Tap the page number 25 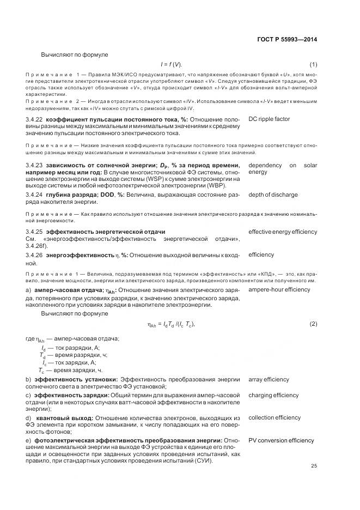click(314, 466)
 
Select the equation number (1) click(313, 64)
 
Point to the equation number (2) click(313, 324)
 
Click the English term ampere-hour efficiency click(279, 289)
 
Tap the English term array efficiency click(269, 379)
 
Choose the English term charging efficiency click(273, 395)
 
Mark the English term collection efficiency click(274, 418)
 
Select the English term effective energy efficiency click(283, 232)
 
